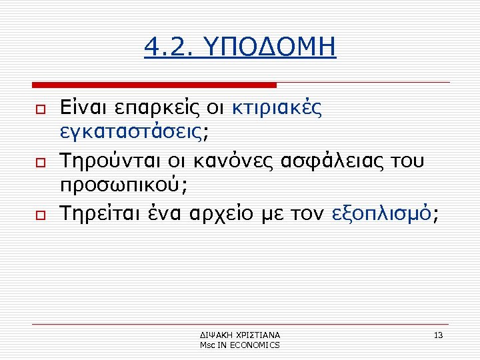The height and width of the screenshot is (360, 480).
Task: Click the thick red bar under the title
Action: coord(155,85)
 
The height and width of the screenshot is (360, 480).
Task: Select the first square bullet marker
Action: coord(40,110)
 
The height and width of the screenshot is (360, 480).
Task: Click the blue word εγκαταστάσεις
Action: coord(131,132)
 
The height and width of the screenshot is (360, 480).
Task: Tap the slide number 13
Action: coord(438,335)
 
